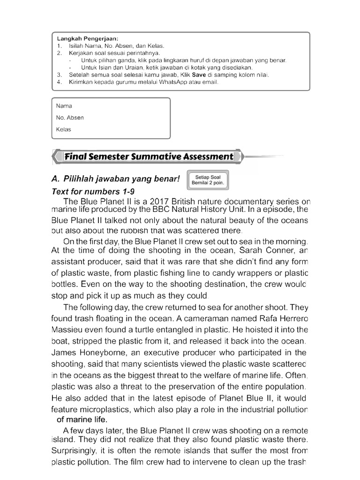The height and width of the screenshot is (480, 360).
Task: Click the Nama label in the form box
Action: point(64,106)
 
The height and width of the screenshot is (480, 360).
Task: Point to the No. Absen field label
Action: point(70,118)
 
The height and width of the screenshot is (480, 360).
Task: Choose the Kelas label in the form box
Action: point(64,129)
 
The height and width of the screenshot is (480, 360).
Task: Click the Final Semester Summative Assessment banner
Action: point(148,157)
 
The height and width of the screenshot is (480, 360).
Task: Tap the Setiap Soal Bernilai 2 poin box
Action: point(208,180)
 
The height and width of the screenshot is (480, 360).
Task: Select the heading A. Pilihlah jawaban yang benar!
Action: point(115,180)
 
